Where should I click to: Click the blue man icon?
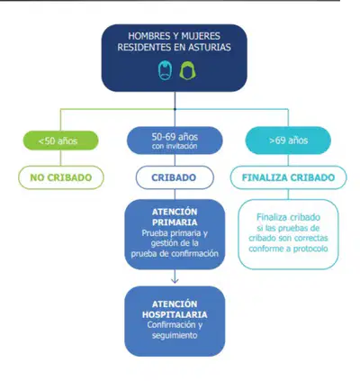point(165,70)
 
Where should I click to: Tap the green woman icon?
point(187,71)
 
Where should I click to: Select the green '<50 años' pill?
point(61,141)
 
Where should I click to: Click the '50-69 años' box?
point(175,141)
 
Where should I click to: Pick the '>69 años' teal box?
point(288,141)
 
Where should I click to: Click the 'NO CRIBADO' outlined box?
point(61,177)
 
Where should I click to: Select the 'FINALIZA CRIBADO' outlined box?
point(288,177)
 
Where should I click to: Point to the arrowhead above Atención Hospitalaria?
point(175,281)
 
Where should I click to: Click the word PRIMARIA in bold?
point(175,222)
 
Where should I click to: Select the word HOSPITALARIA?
point(175,314)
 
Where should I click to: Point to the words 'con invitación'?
point(175,146)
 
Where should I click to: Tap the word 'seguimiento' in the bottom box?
point(175,335)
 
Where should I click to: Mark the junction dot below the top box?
point(175,109)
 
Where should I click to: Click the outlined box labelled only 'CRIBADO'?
point(175,177)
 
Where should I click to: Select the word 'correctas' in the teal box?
point(311,239)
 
